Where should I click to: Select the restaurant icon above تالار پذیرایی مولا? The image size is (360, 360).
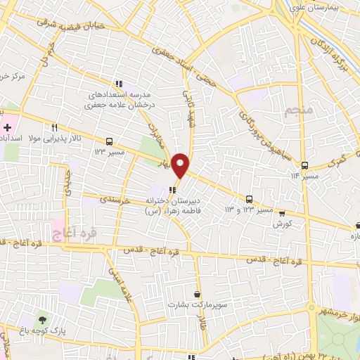pyautogui.click(x=53, y=127)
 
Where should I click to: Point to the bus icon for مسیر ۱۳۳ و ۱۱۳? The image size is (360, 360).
pyautogui.click(x=250, y=199)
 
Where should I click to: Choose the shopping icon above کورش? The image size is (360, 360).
pyautogui.click(x=282, y=213)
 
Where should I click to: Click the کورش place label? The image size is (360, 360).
pyautogui.click(x=282, y=224)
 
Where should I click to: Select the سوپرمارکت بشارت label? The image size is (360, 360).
pyautogui.click(x=190, y=305)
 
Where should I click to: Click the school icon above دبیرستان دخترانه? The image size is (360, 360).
pyautogui.click(x=173, y=189)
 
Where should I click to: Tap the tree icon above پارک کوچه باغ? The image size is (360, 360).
pyautogui.click(x=44, y=321)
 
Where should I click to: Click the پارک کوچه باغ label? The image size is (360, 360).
pyautogui.click(x=52, y=331)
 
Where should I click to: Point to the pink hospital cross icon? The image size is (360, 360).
pyautogui.click(x=7, y=128)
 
